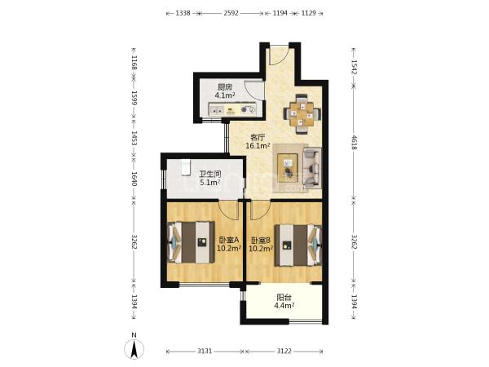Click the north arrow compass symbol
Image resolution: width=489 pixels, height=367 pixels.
(134, 349)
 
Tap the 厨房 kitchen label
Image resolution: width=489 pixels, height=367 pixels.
(225, 87)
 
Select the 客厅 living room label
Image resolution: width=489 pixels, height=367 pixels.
(258, 137)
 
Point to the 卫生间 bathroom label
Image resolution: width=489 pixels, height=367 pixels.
(210, 175)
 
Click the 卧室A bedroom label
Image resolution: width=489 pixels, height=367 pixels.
(228, 240)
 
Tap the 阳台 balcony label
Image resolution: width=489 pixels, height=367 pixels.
(284, 298)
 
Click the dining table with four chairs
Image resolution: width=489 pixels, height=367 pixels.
(302, 114)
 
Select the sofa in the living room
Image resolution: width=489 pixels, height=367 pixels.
(312, 168)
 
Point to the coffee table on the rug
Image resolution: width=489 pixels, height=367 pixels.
(289, 168)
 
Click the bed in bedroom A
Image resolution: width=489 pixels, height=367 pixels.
(192, 242)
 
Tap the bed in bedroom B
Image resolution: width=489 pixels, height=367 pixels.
(297, 245)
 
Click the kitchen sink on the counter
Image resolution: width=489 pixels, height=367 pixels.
(217, 110)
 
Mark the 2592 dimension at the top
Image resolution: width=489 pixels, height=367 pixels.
(231, 13)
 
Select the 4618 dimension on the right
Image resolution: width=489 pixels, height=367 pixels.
(354, 142)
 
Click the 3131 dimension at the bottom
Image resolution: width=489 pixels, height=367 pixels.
(205, 352)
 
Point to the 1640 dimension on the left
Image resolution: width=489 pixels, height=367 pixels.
(134, 179)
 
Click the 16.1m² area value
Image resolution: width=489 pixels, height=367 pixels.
(258, 145)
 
